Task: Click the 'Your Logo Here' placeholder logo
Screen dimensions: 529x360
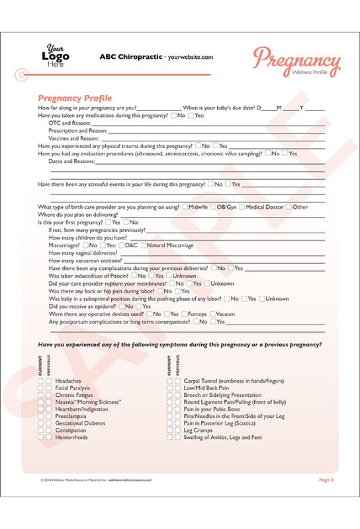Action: [x=58, y=57]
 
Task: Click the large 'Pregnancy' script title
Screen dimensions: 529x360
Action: [x=296, y=61]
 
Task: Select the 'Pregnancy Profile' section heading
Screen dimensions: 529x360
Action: [x=75, y=99]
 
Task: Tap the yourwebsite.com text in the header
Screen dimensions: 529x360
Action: [x=191, y=58]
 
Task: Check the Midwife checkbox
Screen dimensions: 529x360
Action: [x=185, y=207]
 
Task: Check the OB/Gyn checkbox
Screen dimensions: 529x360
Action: [x=213, y=207]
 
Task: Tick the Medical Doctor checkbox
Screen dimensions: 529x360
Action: [x=242, y=207]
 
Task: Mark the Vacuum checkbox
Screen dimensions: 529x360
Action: [x=213, y=314]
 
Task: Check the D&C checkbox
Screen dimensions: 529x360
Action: [x=122, y=245]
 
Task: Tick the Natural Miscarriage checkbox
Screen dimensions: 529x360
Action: [x=144, y=245]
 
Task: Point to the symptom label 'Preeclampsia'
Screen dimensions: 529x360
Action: [x=71, y=417]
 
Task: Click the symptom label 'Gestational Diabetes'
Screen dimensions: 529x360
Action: [x=80, y=423]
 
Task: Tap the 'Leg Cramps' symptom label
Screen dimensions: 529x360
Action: [x=198, y=430]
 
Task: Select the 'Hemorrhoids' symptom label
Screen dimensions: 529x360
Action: [x=71, y=437]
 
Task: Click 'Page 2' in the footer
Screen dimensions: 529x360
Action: [x=326, y=479]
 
